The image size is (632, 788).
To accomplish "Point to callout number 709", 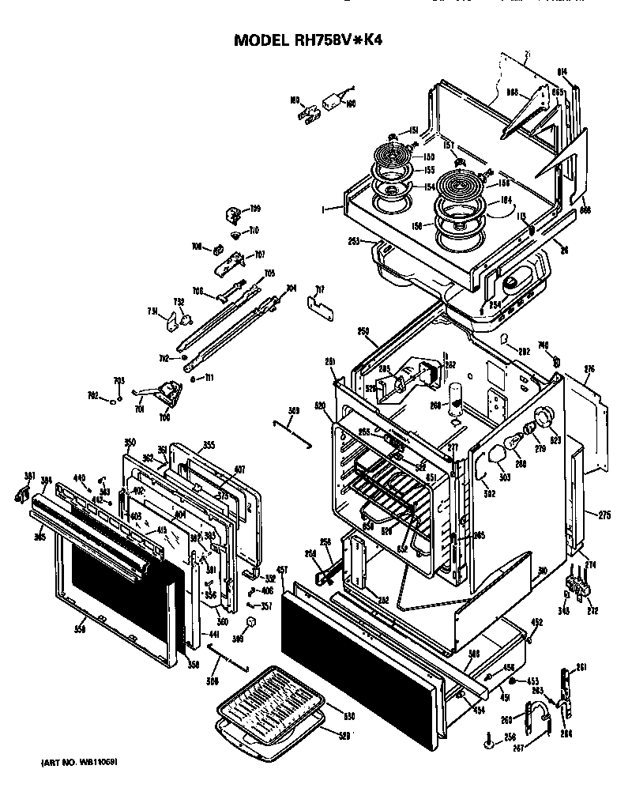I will [255, 209].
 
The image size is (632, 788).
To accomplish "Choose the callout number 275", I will [604, 515].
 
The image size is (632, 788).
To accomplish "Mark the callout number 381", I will [30, 475].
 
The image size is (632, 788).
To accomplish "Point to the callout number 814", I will [562, 71].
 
